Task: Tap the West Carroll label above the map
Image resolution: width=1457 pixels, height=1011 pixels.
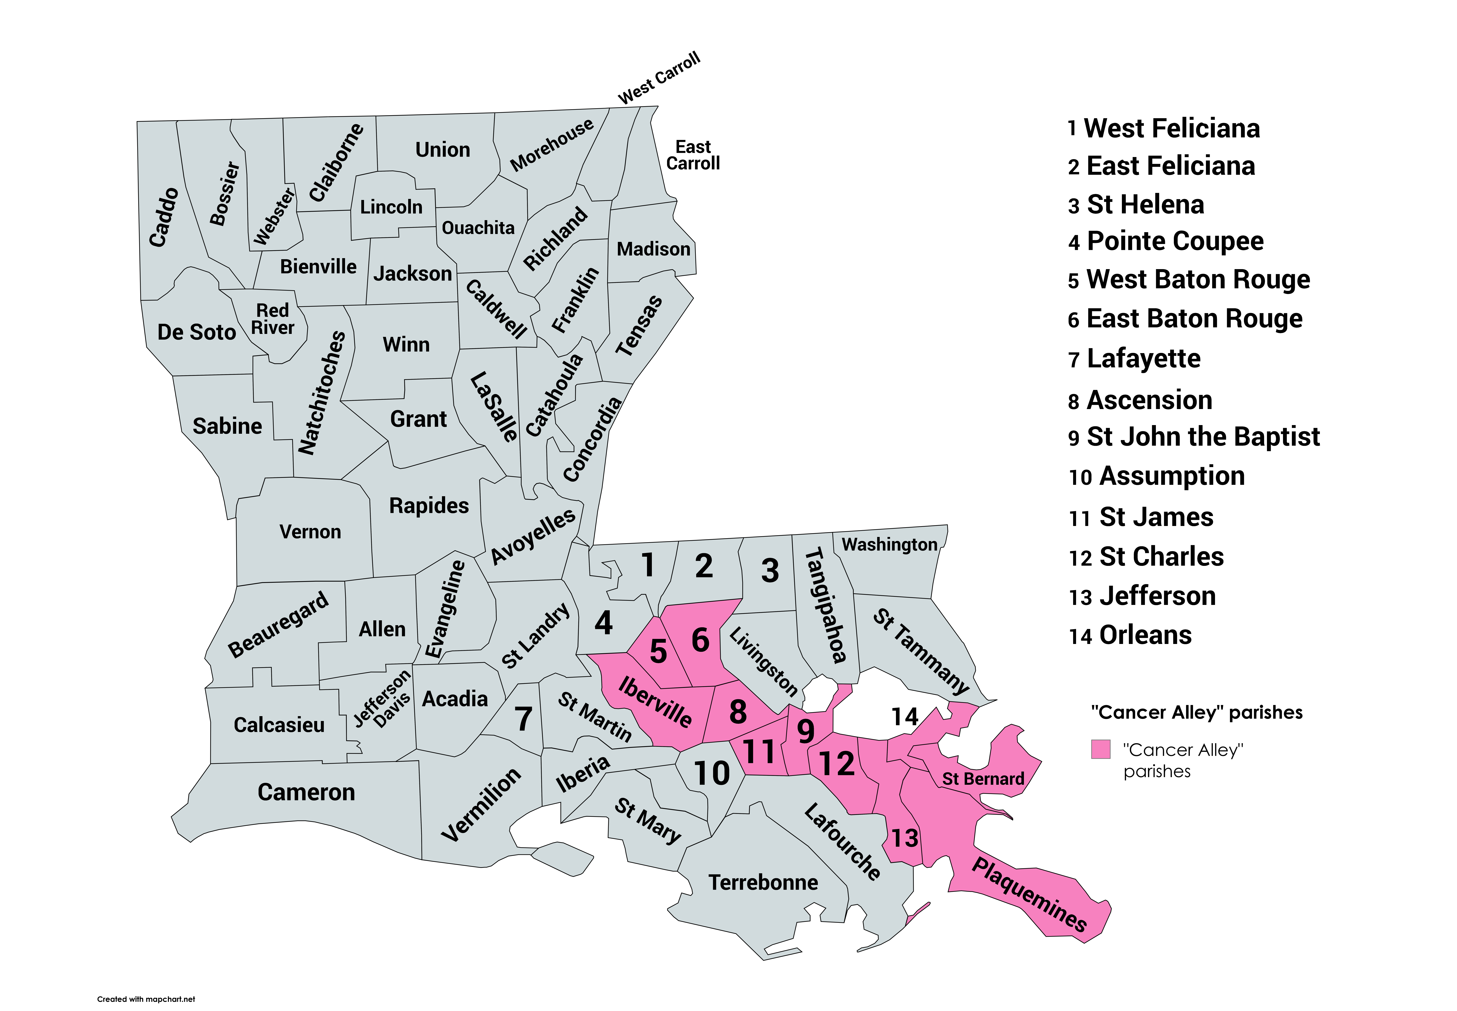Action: pyautogui.click(x=659, y=78)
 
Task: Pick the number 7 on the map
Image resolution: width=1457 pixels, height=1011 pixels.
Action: pyautogui.click(x=523, y=719)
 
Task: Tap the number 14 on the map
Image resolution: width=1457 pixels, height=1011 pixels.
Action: pyautogui.click(x=904, y=717)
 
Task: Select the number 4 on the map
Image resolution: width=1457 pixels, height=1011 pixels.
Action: pyautogui.click(x=603, y=623)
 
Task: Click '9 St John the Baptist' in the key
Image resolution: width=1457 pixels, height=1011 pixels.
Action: pyautogui.click(x=1193, y=437)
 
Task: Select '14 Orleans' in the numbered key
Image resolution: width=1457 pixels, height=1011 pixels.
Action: pyautogui.click(x=1130, y=635)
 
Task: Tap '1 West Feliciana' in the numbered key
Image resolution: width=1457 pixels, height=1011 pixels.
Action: pyautogui.click(x=1163, y=129)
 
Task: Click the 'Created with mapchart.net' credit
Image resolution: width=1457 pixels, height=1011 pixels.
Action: pyautogui.click(x=146, y=999)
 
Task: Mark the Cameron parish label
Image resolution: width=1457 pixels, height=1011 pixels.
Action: pyautogui.click(x=306, y=792)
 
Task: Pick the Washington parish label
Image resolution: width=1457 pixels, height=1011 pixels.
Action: pyautogui.click(x=889, y=545)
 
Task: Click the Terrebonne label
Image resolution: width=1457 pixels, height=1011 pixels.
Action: pyautogui.click(x=763, y=882)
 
